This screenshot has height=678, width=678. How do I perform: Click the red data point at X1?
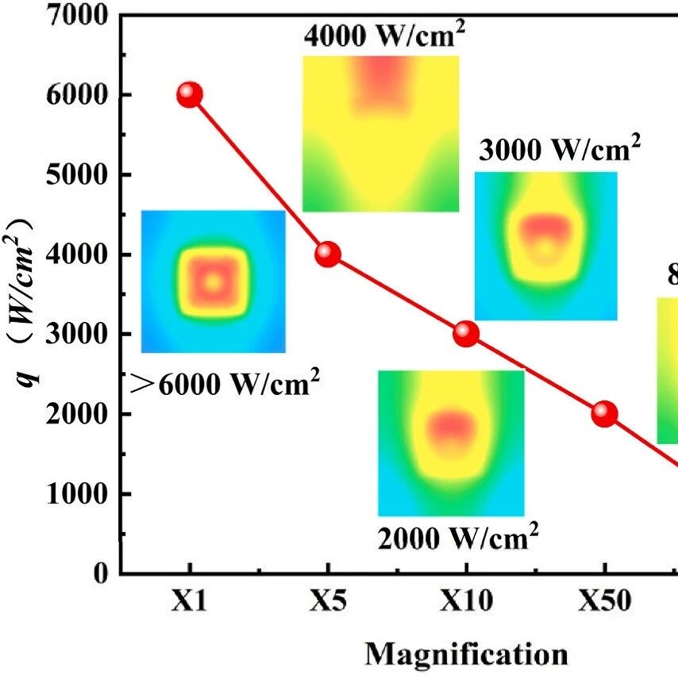click(189, 94)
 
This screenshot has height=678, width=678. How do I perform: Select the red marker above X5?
click(327, 255)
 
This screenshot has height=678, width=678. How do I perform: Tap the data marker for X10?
click(466, 334)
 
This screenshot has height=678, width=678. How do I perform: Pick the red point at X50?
click(604, 414)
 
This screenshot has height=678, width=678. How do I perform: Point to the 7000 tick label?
click(77, 14)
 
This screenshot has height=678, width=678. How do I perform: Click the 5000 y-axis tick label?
click(77, 174)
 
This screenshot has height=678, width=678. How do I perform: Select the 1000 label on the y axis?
click(77, 494)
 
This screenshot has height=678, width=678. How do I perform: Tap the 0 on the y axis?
click(100, 573)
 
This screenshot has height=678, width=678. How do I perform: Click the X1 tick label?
click(189, 602)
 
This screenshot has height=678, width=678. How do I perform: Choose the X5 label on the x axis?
click(327, 602)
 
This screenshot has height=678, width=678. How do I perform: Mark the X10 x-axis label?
click(466, 602)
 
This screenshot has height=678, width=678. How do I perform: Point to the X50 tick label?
click(604, 602)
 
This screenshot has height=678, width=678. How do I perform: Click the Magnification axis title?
click(466, 654)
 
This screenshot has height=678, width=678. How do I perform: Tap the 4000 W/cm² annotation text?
click(383, 37)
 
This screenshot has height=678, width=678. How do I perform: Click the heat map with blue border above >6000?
click(213, 282)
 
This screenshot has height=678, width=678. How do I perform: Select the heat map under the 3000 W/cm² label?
click(545, 246)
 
